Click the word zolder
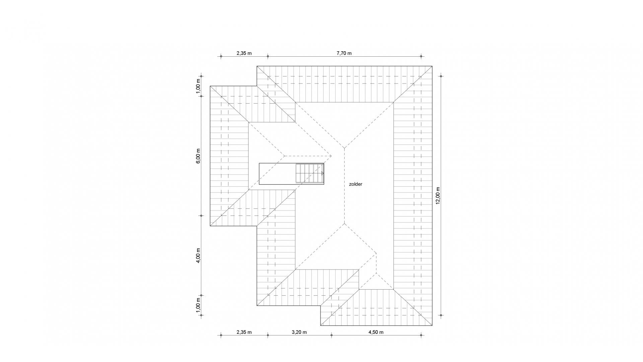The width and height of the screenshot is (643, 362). (x=356, y=184)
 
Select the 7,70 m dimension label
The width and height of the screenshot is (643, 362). (x=344, y=53)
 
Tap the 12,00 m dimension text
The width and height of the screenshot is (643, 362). (x=438, y=196)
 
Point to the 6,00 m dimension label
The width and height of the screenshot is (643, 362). (x=198, y=156)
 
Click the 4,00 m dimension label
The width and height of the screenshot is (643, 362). (x=198, y=255)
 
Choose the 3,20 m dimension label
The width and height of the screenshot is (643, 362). (x=299, y=332)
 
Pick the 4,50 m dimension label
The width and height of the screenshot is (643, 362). (x=376, y=332)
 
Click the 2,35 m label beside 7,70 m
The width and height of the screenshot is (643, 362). (x=244, y=53)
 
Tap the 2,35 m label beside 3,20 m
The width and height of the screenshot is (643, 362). (x=244, y=332)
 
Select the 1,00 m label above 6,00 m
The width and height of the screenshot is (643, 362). (x=198, y=86)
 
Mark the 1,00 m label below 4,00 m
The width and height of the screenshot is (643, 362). (x=198, y=305)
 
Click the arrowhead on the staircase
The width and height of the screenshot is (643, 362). (x=323, y=173)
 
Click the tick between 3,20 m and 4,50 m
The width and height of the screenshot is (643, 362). (x=331, y=335)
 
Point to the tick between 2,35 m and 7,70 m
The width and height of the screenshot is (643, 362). (x=268, y=56)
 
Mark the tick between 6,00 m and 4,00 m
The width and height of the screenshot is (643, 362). (x=201, y=216)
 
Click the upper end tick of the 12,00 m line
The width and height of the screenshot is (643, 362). (x=441, y=76)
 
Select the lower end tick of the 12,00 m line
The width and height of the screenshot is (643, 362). (x=441, y=315)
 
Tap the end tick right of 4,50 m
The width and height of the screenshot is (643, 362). (x=421, y=335)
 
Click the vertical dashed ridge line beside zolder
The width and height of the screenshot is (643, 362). (x=344, y=186)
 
